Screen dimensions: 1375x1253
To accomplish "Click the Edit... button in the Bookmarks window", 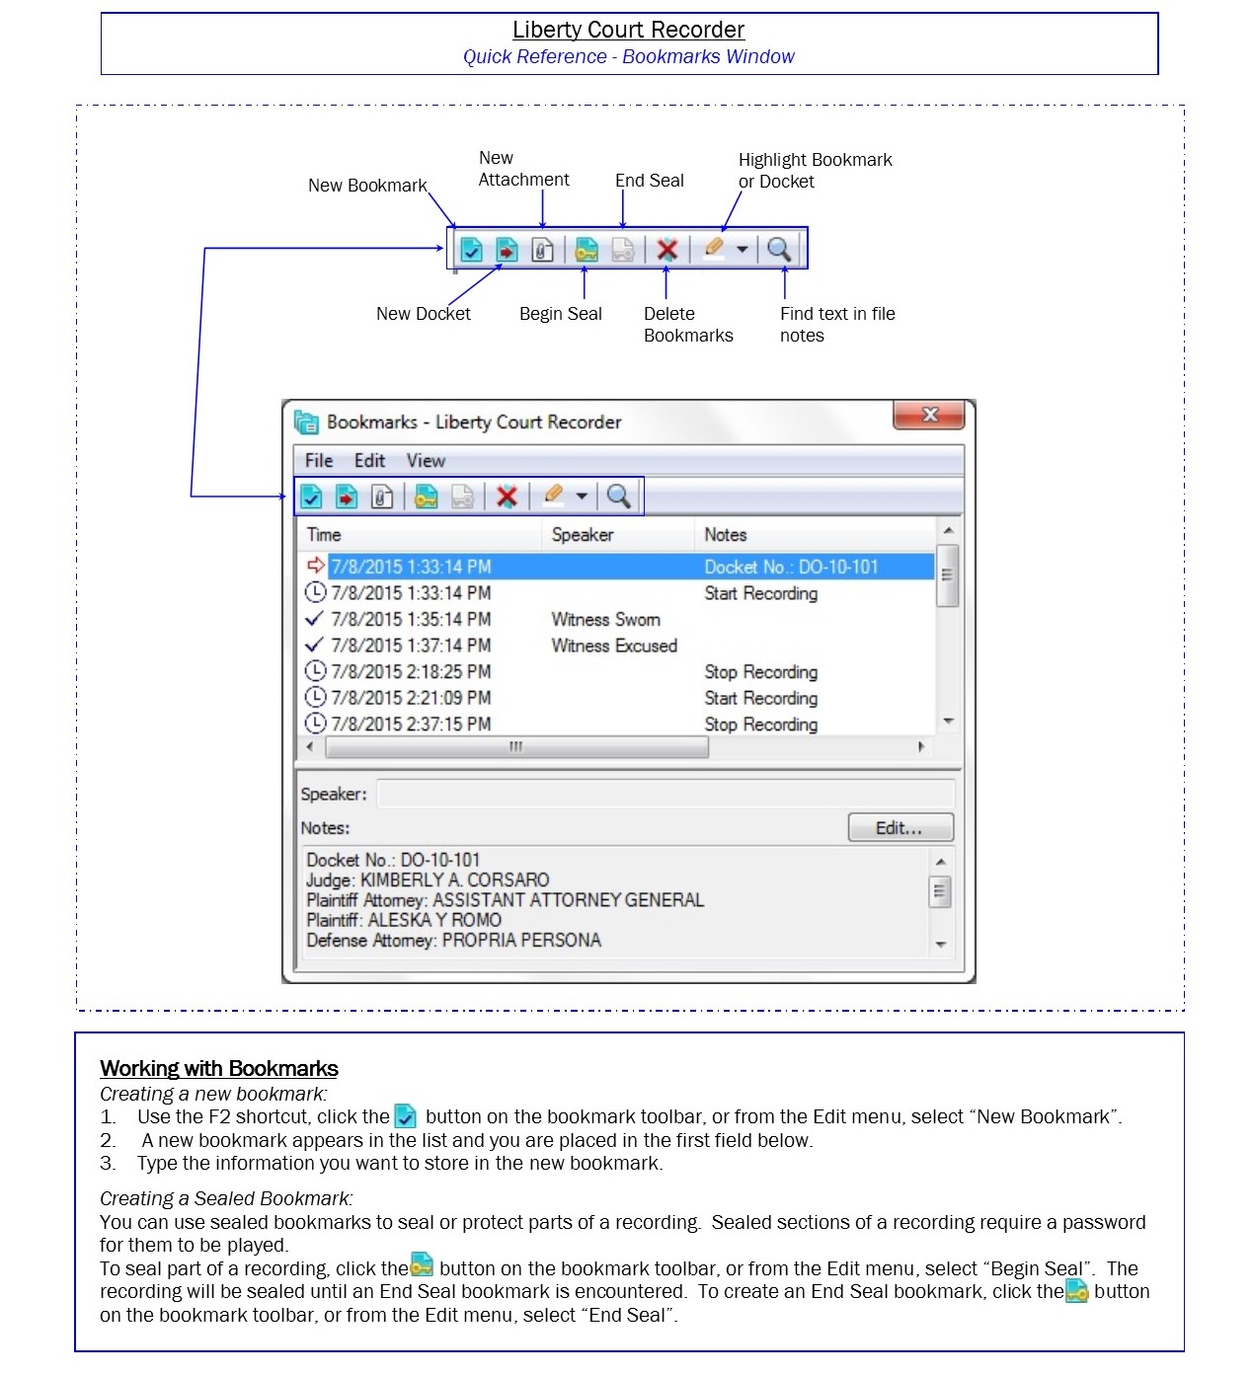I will [x=900, y=827].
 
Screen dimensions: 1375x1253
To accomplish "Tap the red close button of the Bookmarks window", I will [x=928, y=415].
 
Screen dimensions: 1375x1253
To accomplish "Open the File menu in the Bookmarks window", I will [x=318, y=461].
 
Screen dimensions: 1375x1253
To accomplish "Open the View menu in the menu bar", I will [x=426, y=461].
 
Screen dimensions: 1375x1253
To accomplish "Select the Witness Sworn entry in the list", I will [x=605, y=620].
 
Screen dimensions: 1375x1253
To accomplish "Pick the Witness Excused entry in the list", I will [x=613, y=646].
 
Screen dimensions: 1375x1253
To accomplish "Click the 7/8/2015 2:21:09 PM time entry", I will [x=410, y=698].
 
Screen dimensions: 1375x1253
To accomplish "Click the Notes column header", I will [x=725, y=535].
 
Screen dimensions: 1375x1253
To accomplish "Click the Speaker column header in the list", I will [x=582, y=535].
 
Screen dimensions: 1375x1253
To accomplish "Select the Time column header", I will [x=324, y=535].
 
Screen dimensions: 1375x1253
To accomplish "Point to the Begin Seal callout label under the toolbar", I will [x=560, y=314].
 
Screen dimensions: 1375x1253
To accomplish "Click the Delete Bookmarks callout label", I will [x=687, y=325].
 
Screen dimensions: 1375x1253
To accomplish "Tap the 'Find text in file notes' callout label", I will [x=836, y=325].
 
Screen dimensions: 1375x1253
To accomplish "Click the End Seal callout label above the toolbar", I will [x=649, y=181].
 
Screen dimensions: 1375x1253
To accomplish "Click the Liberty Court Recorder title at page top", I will [x=628, y=31].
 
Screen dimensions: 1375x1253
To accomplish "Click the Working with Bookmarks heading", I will [x=218, y=1068].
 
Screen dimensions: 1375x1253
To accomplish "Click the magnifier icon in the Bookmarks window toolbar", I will [x=618, y=496].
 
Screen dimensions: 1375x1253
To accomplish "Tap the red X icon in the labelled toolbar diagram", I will [x=667, y=250].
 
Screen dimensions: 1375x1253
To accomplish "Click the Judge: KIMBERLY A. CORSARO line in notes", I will [x=427, y=879].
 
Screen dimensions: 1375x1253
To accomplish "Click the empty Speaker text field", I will [x=665, y=794].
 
